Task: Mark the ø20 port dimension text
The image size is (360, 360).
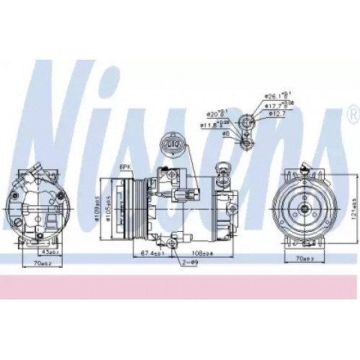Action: [215, 113]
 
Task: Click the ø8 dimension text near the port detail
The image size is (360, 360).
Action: [225, 133]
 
